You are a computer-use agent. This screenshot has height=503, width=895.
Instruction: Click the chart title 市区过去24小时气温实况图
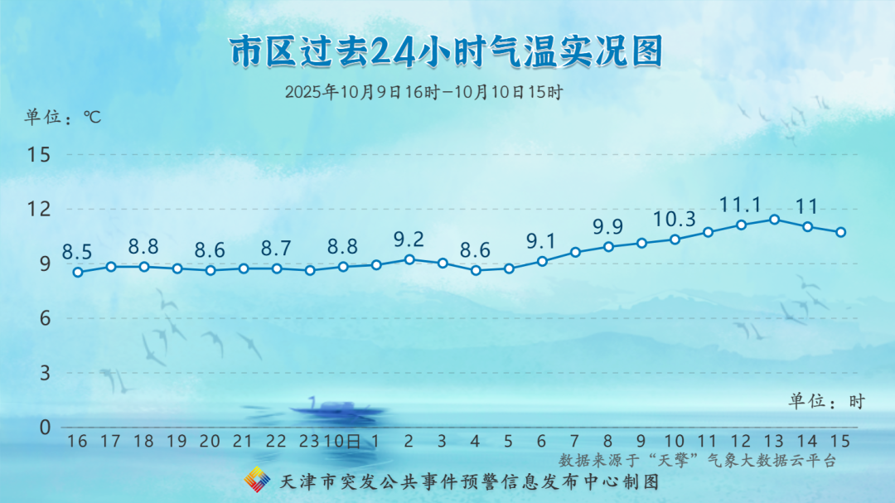pyautogui.click(x=446, y=51)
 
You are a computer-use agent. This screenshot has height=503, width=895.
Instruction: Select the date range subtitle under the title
pyautogui.click(x=423, y=92)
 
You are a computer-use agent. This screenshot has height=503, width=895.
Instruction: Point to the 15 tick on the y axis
pyautogui.click(x=39, y=155)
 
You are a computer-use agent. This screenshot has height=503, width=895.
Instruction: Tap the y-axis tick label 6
pyautogui.click(x=45, y=318)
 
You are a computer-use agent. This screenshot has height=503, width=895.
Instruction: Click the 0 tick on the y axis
pyautogui.click(x=45, y=428)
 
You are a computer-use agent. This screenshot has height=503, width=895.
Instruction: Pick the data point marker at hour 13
pyautogui.click(x=774, y=220)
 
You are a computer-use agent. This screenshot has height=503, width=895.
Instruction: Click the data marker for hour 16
pyautogui.click(x=78, y=273)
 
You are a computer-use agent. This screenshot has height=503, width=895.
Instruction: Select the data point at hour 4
pyautogui.click(x=476, y=270)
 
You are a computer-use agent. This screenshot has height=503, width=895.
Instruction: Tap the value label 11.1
pyautogui.click(x=740, y=205)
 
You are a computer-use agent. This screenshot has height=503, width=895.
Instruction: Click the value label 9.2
pyautogui.click(x=409, y=239)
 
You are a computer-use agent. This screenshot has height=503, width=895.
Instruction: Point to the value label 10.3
pyautogui.click(x=674, y=220)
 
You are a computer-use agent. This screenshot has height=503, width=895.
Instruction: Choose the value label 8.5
pyautogui.click(x=77, y=252)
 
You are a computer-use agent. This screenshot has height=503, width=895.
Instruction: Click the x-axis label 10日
pyautogui.click(x=342, y=442)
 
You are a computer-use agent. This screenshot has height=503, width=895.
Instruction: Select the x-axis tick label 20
pyautogui.click(x=210, y=442)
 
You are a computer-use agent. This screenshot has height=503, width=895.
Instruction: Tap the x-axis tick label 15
pyautogui.click(x=840, y=442)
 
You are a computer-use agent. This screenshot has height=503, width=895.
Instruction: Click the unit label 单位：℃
pyautogui.click(x=63, y=117)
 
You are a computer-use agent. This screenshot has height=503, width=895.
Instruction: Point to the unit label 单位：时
pyautogui.click(x=827, y=401)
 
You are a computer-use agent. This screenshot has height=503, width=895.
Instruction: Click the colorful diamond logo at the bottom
pyautogui.click(x=258, y=480)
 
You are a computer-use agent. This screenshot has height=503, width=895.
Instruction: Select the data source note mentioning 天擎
pyautogui.click(x=697, y=460)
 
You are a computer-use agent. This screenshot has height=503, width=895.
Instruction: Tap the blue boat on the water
pyautogui.click(x=336, y=408)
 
